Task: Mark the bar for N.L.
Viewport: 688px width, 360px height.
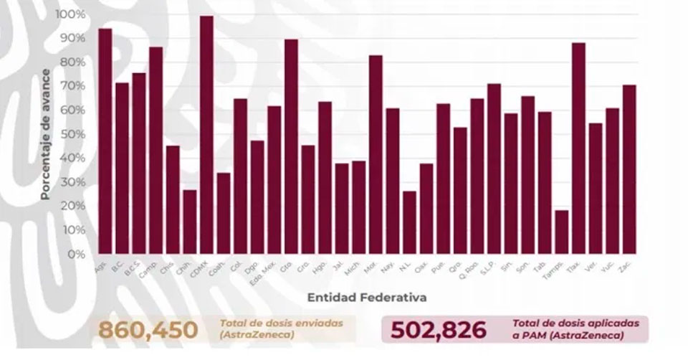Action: tap(409, 222)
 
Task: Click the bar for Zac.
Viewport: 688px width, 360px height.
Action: tap(629, 169)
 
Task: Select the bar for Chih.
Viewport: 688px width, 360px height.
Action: tap(189, 222)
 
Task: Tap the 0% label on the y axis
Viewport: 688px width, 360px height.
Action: tap(76, 254)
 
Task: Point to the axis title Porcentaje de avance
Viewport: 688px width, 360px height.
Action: tap(44, 134)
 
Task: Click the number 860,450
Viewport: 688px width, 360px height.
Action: tap(148, 331)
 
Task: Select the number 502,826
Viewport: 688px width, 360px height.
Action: tap(438, 331)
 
